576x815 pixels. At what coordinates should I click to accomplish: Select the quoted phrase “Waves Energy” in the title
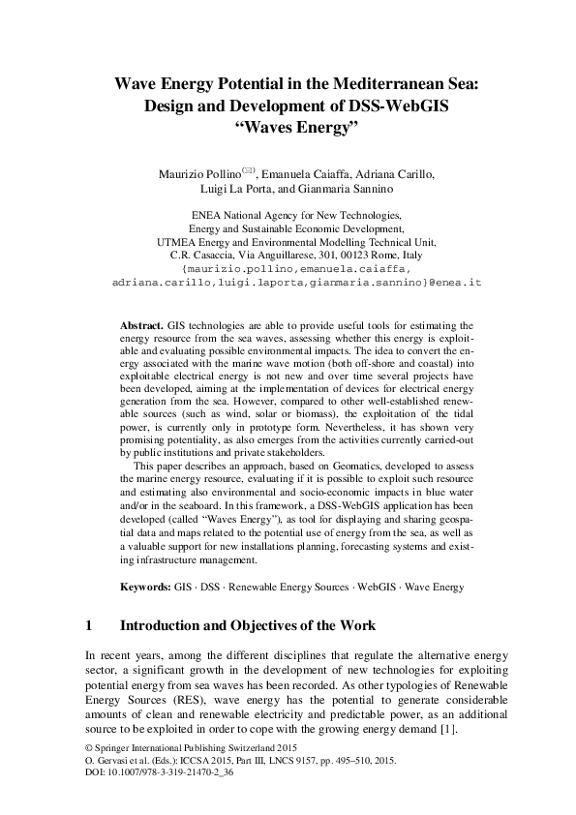click(287, 128)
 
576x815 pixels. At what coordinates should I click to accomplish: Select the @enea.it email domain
click(455, 283)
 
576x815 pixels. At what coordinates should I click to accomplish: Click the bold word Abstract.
click(141, 325)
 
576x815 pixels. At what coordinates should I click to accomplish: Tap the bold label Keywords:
click(146, 587)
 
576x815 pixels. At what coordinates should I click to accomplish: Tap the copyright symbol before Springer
click(90, 748)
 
